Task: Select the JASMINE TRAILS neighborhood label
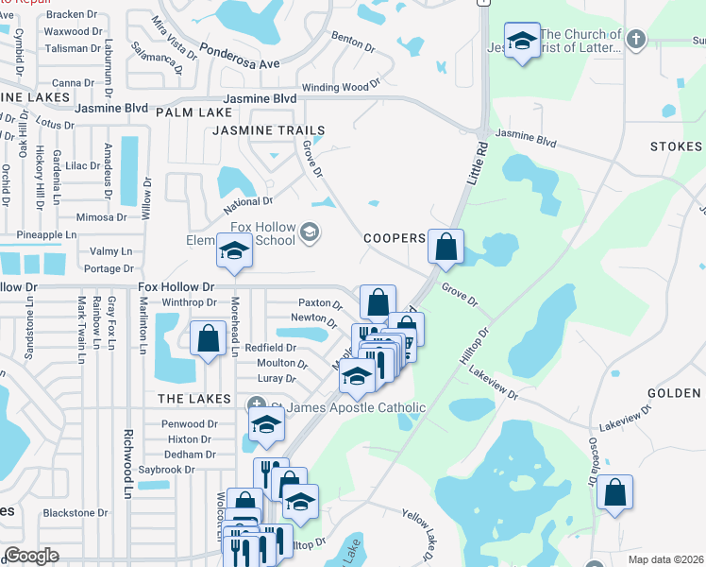click(x=268, y=130)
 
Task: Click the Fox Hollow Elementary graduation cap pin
click(x=234, y=251)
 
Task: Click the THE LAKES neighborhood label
click(x=188, y=399)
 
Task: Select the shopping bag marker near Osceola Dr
click(x=614, y=491)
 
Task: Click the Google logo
click(x=31, y=556)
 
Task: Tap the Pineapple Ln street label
click(x=39, y=234)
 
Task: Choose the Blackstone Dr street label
click(x=75, y=512)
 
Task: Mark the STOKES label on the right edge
click(x=676, y=146)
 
